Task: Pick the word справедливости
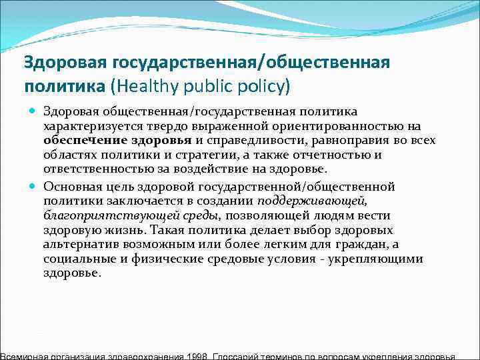click(x=248, y=140)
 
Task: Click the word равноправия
click(x=338, y=140)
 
